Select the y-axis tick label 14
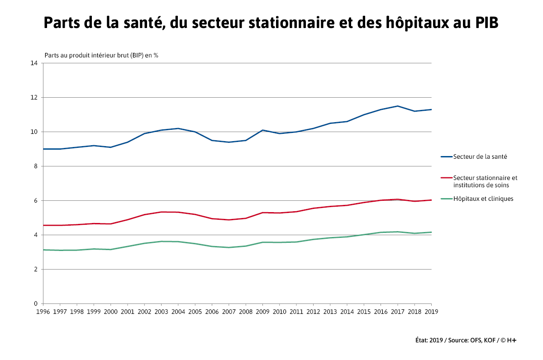point(34,63)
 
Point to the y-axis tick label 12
point(34,97)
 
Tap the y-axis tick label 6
point(36,200)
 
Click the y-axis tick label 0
point(36,303)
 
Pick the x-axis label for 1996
point(43,312)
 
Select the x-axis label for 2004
point(178,312)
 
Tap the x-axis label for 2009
point(262,312)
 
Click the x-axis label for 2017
point(397,312)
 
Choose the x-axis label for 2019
point(431,312)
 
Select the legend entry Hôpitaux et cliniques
point(483,199)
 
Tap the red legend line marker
point(446,178)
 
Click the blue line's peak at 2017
point(397,106)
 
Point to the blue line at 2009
point(262,130)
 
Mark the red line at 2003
point(161,212)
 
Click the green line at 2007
point(229,247)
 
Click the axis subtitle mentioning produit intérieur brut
point(101,55)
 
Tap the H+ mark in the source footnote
point(511,340)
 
